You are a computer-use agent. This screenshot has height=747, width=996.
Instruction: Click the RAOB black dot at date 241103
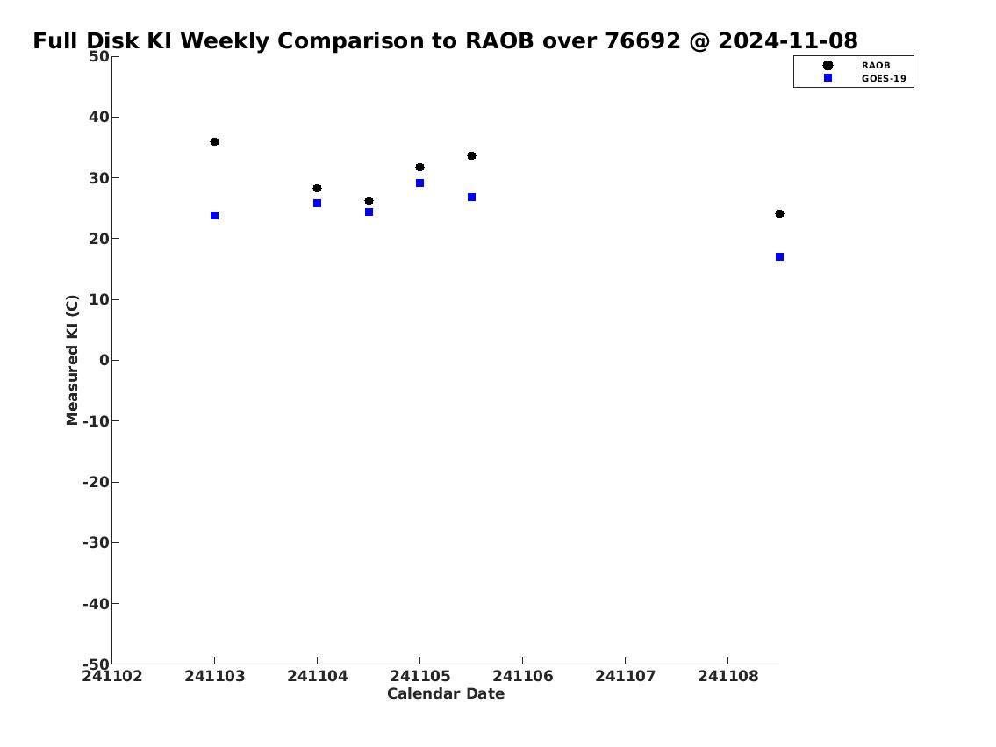[215, 141]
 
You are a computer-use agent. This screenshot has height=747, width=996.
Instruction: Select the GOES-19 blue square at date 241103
[215, 216]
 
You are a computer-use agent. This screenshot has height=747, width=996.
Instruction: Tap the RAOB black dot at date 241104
[317, 188]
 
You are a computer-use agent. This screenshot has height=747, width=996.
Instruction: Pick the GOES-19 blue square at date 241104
[317, 204]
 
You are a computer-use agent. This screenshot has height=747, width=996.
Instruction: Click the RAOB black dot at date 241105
[419, 167]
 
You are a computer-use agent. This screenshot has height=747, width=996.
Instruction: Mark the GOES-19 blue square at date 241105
[419, 183]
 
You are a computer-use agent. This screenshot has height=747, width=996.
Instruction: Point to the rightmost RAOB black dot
[779, 213]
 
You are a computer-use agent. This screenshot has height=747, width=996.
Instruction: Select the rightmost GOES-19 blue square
[779, 256]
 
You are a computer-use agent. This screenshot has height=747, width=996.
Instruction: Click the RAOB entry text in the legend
[875, 66]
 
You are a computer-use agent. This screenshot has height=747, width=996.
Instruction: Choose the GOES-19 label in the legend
[884, 79]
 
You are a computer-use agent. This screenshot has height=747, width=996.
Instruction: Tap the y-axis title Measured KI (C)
[73, 360]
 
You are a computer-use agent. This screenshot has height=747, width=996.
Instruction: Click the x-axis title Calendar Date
[446, 693]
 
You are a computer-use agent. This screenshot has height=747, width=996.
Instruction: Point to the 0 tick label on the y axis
[104, 360]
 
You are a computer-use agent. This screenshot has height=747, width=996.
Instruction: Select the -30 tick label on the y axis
[96, 542]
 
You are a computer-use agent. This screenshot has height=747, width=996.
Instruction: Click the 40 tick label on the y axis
[99, 117]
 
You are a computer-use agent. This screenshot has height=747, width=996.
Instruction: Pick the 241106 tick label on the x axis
[523, 676]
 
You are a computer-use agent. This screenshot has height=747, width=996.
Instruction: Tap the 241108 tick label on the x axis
[728, 676]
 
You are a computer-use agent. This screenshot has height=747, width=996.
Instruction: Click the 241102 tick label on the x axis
[112, 676]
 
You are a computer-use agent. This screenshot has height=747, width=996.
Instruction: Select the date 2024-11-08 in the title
[788, 40]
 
